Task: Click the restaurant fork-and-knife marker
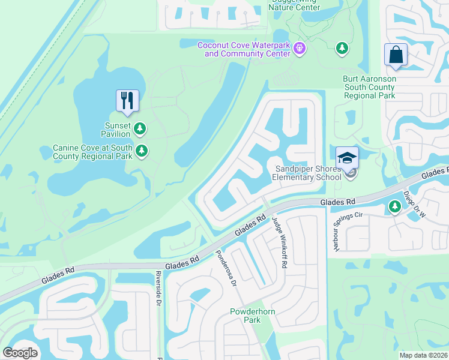click(127, 100)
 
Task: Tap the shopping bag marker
click(396, 55)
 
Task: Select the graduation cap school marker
click(347, 157)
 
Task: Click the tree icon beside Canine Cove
click(142, 151)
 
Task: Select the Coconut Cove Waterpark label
click(244, 49)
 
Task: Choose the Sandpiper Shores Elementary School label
click(306, 173)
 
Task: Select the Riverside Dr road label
click(158, 289)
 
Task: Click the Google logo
click(20, 353)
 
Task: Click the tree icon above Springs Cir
click(394, 207)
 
